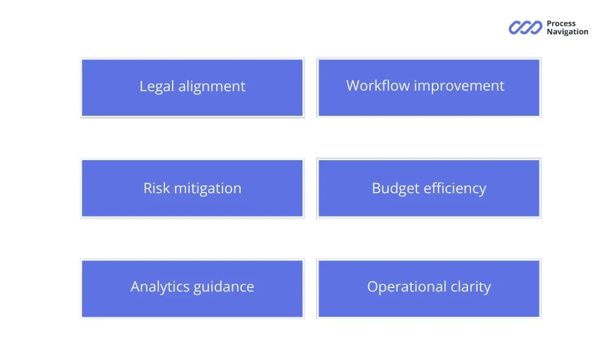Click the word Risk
click(157, 188)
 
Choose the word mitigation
click(208, 189)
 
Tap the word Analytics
click(160, 287)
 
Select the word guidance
click(224, 287)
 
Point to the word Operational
click(407, 287)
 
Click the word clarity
click(470, 287)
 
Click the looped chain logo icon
click(526, 28)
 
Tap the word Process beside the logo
click(561, 23)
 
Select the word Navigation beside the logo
click(568, 32)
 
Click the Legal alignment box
click(192, 88)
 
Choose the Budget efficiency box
click(429, 188)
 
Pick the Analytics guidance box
click(192, 289)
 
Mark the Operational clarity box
click(429, 289)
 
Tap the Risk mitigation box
click(192, 188)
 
